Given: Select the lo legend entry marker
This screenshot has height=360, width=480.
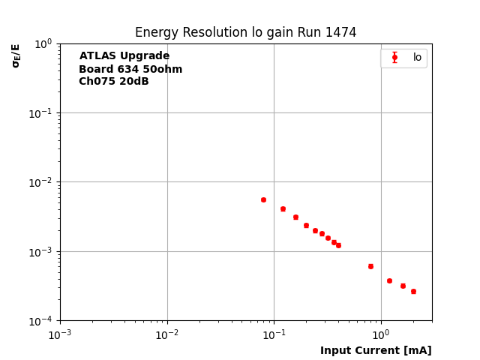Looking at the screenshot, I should [394, 58].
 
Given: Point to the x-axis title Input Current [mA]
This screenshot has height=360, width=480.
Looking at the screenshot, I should [376, 350].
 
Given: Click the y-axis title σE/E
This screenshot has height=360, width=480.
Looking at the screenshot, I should [16, 55].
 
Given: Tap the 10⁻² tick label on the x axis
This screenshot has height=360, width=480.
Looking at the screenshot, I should [167, 334].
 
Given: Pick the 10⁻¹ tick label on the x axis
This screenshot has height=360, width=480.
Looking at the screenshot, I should [274, 334].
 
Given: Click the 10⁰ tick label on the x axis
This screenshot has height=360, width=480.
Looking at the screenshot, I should [381, 334].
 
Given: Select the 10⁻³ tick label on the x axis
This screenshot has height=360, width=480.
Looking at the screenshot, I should [60, 334].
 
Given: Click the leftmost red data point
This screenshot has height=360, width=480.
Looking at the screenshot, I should [263, 199].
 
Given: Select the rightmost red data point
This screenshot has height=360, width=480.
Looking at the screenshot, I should [413, 291].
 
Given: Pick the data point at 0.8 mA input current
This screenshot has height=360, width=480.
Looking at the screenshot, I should [370, 266].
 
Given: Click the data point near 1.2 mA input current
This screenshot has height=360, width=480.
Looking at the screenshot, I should [389, 280].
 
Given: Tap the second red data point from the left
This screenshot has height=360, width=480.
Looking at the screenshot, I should [283, 208].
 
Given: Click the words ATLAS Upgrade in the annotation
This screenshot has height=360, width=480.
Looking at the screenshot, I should [124, 56].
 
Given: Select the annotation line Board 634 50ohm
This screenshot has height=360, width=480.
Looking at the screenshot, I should [130, 69].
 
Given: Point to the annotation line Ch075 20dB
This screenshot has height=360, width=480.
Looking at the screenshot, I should [114, 82].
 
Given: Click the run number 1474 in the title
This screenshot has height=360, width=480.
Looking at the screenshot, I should [340, 33].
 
